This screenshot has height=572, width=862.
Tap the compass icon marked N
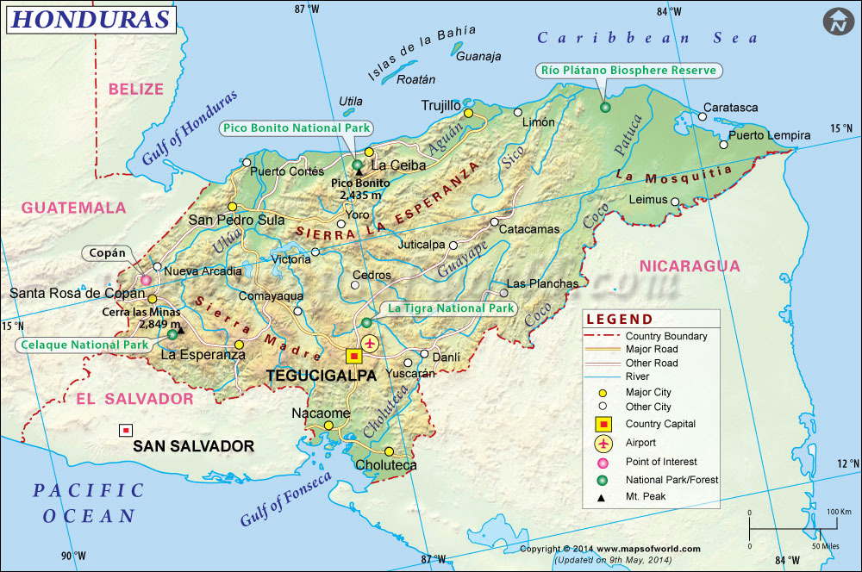coord(836,22)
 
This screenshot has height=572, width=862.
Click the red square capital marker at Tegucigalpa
coord(353,355)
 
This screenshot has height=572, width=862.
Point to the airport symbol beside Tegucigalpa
coord(371,344)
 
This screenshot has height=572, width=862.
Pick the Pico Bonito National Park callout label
coord(297,127)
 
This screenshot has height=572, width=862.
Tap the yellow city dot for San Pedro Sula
coord(232,206)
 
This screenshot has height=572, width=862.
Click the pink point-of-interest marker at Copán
coord(146,280)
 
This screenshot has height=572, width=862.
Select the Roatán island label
coord(410,79)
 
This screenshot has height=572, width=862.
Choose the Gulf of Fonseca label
coord(284,500)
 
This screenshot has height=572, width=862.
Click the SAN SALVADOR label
coord(193,446)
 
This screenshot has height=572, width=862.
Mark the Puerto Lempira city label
coord(769,135)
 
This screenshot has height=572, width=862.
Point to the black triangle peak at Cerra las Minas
coord(181,328)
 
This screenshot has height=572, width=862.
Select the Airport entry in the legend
coord(641,443)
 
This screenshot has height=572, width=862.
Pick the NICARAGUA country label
coord(690,265)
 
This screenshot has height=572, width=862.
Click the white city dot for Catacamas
coord(493,222)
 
